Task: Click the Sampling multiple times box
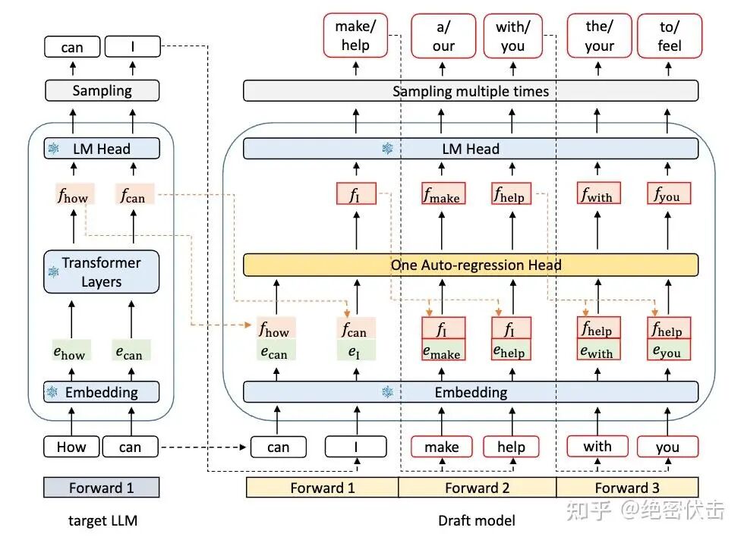pos(470,91)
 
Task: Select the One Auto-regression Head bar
pos(470,265)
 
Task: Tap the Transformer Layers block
pos(102,272)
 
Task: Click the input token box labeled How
pos(71,447)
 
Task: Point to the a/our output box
pos(443,36)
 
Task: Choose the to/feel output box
pos(670,36)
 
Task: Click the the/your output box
pos(598,36)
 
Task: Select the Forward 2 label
pos(477,488)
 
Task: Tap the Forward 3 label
pos(627,488)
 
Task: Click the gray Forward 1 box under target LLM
pos(102,488)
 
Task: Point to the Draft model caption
pos(477,520)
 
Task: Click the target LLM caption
pos(102,520)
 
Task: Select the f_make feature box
pos(442,194)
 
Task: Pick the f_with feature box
pos(597,194)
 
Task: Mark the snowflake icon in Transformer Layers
pos(53,272)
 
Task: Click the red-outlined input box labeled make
pos(442,447)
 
